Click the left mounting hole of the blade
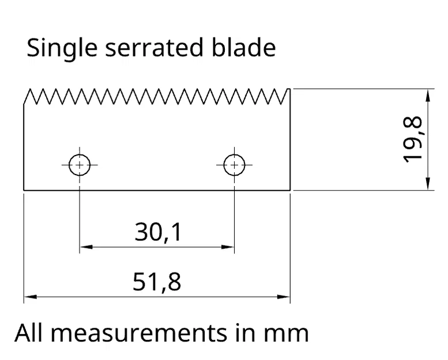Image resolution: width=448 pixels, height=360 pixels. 79,165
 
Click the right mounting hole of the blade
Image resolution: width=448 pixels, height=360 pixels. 234,165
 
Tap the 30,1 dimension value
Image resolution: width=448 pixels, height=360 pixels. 158,232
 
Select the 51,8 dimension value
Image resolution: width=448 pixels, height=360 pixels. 157,282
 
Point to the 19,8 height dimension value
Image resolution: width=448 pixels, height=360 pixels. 413,139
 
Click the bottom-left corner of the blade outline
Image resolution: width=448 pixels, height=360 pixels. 24,190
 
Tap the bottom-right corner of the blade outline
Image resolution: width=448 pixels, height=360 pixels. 289,190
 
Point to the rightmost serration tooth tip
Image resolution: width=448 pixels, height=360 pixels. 288,88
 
